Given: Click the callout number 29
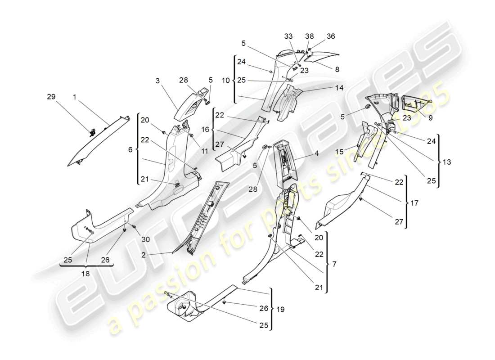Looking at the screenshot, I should click(51, 97).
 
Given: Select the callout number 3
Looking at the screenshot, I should click(157, 81).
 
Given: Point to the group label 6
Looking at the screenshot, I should click(130, 149).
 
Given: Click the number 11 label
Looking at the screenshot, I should click(205, 152).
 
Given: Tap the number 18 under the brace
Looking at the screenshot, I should click(85, 273).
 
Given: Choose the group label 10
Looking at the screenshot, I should click(226, 80).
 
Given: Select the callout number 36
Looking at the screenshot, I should click(331, 36).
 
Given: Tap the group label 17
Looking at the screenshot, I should click(414, 203).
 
